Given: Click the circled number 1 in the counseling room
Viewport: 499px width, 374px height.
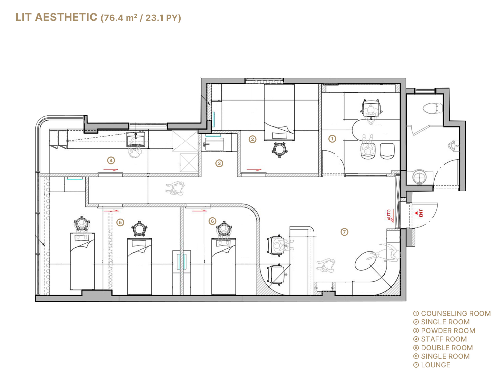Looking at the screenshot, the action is click(332, 139).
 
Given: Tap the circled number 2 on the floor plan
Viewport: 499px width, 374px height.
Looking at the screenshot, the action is click(252, 139).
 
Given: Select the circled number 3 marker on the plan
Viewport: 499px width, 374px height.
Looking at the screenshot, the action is click(219, 163).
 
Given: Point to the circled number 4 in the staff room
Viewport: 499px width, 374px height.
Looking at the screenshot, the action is click(111, 160).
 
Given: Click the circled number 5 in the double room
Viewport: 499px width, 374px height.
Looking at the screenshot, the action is click(120, 222).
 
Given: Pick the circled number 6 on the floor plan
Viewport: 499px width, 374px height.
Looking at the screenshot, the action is click(212, 221).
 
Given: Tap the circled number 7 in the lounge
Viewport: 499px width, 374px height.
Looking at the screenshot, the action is click(344, 232).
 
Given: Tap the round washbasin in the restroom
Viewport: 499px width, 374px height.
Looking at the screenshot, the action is click(419, 177).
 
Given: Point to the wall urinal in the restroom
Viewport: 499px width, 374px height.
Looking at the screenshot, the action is click(454, 145).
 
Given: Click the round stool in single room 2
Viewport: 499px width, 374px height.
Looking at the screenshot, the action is click(279, 149).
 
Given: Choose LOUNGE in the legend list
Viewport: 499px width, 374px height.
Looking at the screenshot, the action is click(435, 365).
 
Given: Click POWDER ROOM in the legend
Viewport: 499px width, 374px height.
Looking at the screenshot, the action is click(448, 331).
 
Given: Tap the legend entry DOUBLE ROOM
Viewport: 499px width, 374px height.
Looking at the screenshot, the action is click(447, 348).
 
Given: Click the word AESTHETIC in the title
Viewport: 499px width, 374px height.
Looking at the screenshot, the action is click(66, 17).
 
